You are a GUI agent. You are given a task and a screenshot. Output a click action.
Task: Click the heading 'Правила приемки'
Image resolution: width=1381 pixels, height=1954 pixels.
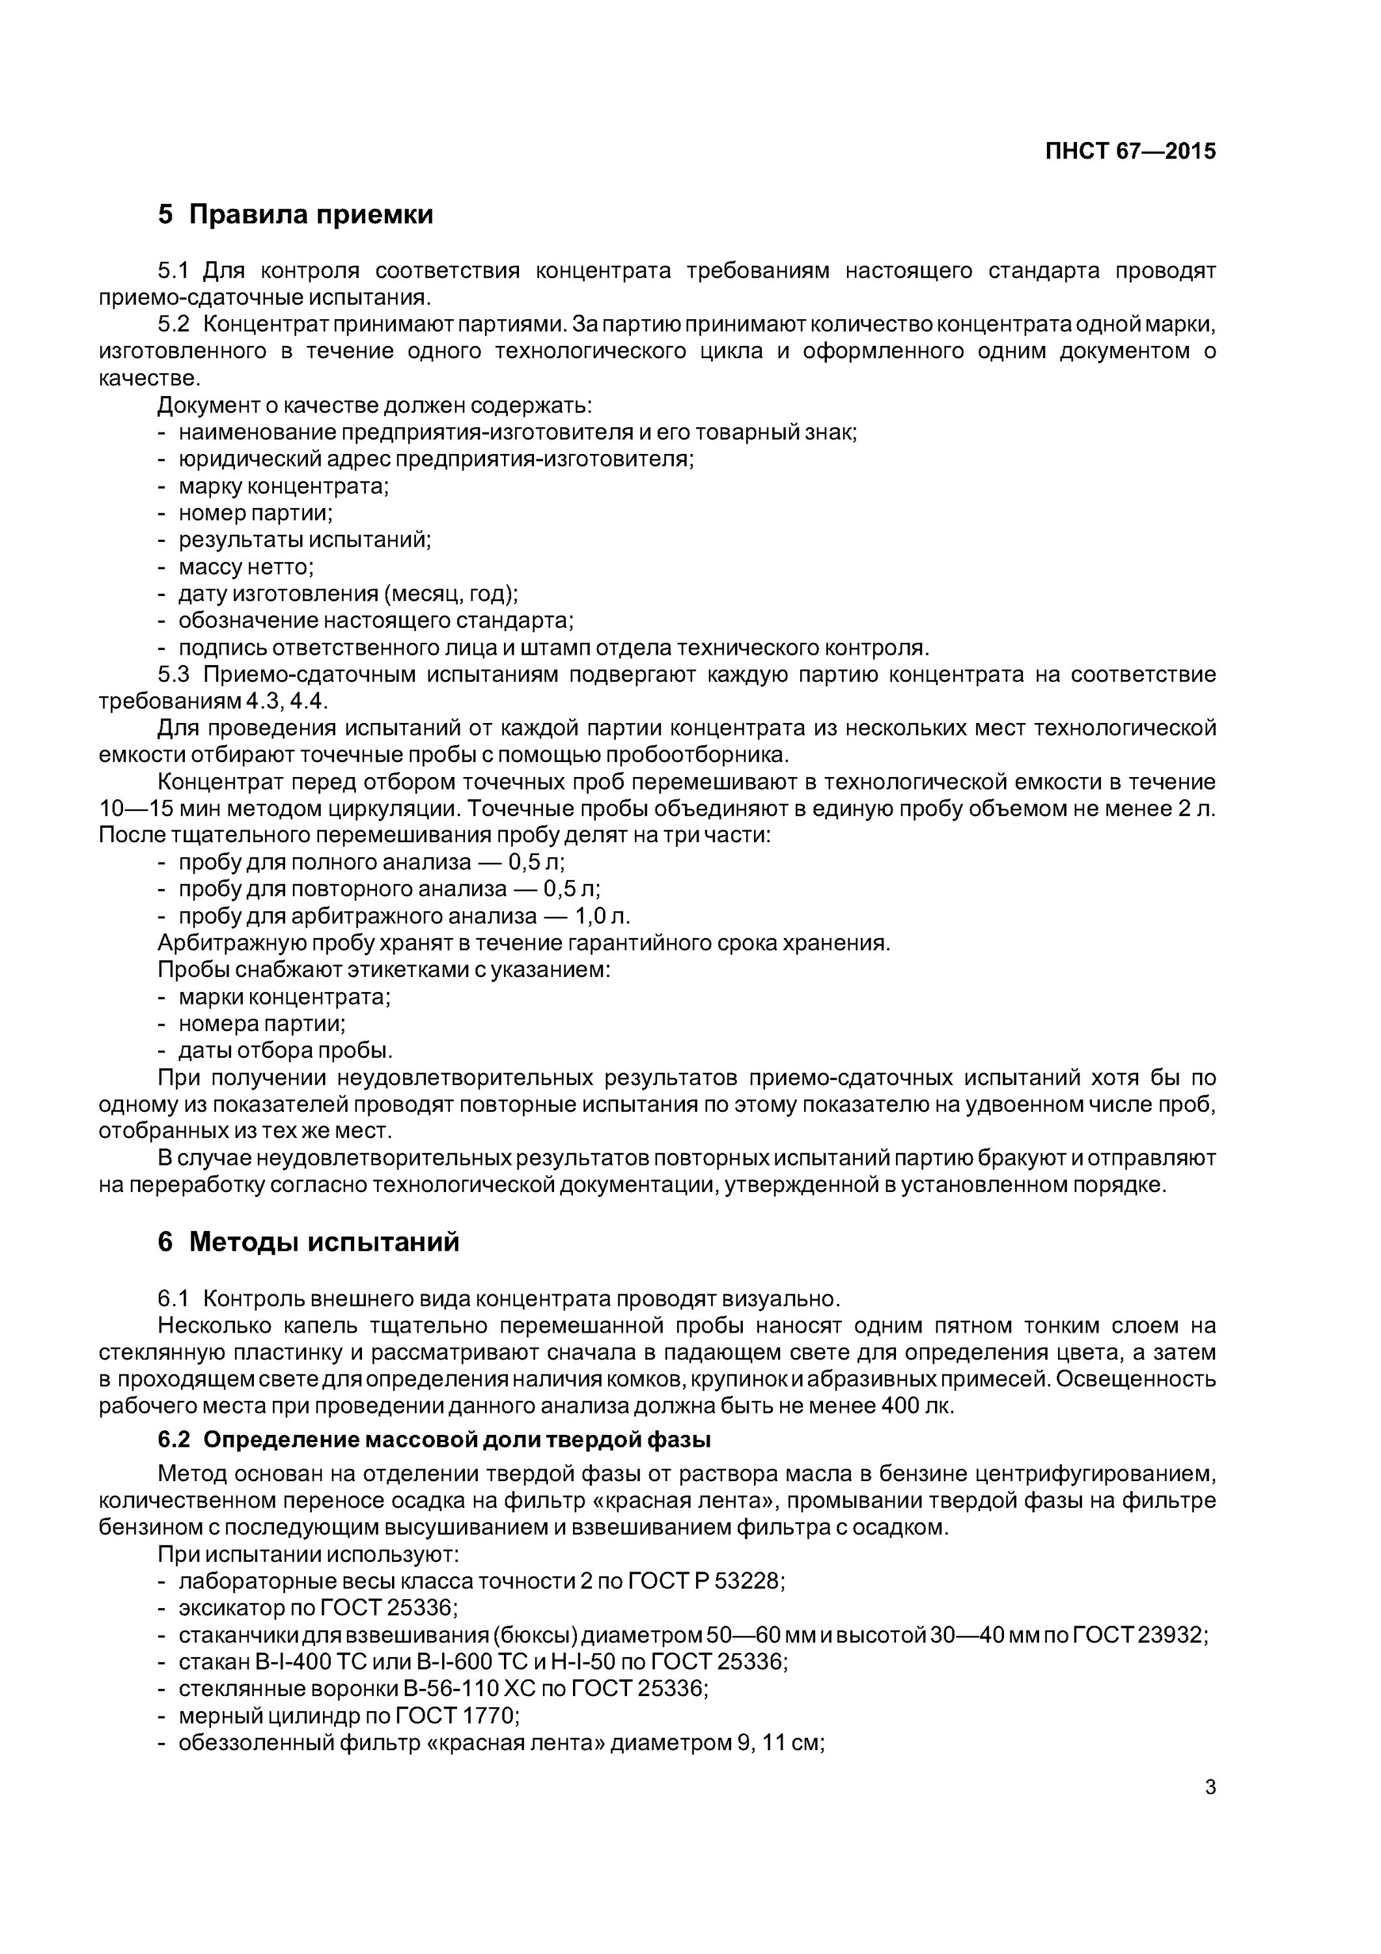click(x=311, y=214)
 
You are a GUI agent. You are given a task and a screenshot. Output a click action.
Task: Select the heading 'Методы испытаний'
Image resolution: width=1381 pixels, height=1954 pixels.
click(x=324, y=1243)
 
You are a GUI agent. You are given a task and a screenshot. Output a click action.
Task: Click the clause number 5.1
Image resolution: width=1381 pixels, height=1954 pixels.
click(x=173, y=271)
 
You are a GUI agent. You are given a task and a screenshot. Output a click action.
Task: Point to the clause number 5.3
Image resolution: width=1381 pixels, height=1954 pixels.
click(x=173, y=675)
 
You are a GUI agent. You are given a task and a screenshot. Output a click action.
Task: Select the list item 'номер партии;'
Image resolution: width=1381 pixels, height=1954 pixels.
click(x=255, y=513)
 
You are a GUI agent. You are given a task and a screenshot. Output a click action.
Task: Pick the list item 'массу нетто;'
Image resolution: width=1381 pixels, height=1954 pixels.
click(x=246, y=567)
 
